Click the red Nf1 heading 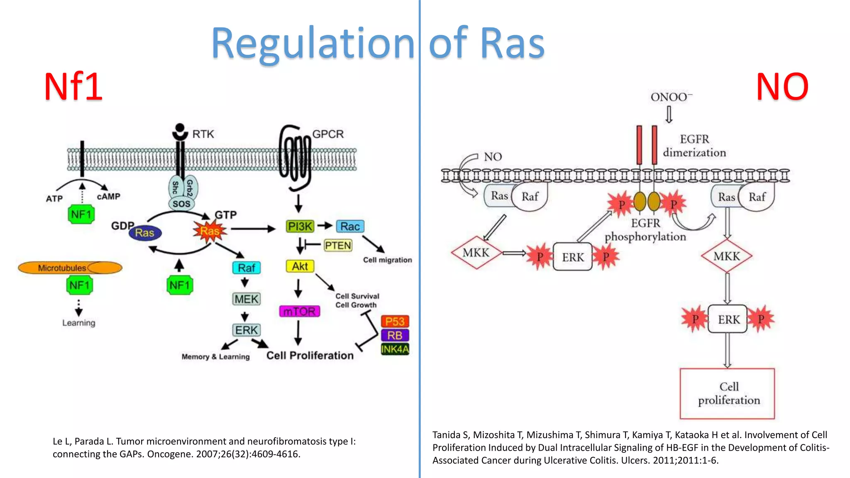pyautogui.click(x=73, y=87)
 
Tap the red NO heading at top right pyautogui.click(x=782, y=87)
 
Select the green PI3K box pyautogui.click(x=300, y=226)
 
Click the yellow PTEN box pyautogui.click(x=338, y=246)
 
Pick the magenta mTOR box pyautogui.click(x=300, y=311)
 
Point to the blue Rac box pyautogui.click(x=350, y=226)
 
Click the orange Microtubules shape pyautogui.click(x=70, y=268)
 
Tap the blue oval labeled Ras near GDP pyautogui.click(x=145, y=233)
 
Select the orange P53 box pyautogui.click(x=395, y=321)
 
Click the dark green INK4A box pyautogui.click(x=395, y=349)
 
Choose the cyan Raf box pyautogui.click(x=247, y=268)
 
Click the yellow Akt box pyautogui.click(x=300, y=266)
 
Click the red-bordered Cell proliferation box pyautogui.click(x=727, y=393)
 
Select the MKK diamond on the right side pyautogui.click(x=726, y=256)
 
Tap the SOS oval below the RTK pyautogui.click(x=181, y=204)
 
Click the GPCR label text pyautogui.click(x=328, y=134)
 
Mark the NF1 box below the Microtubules pyautogui.click(x=80, y=285)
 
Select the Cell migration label pyautogui.click(x=387, y=260)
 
